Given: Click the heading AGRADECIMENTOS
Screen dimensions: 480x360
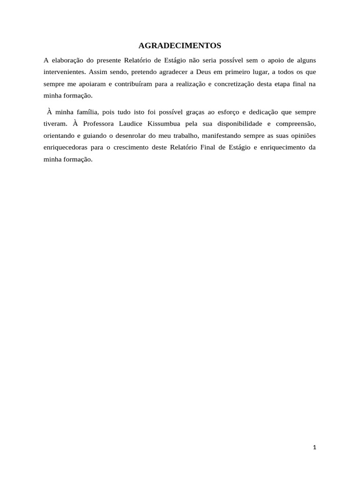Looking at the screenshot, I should click(180, 46).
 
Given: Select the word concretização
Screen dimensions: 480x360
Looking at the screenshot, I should click(224, 83).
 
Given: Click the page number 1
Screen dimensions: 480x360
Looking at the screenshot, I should click(315, 447).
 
